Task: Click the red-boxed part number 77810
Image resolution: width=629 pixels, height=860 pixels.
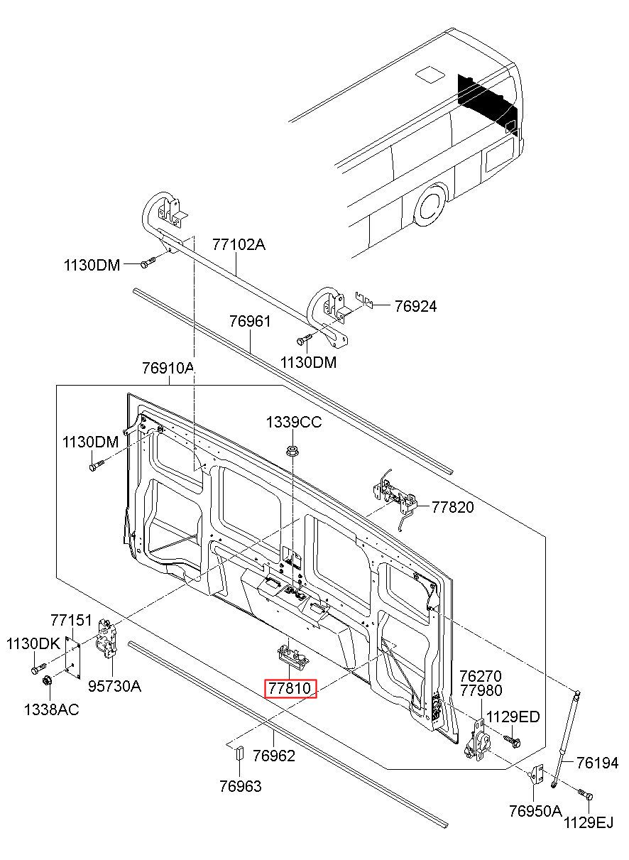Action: [290, 688]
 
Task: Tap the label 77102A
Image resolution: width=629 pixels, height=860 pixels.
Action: [238, 245]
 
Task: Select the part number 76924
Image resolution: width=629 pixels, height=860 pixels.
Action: [415, 306]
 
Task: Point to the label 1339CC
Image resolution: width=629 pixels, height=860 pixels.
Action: [294, 423]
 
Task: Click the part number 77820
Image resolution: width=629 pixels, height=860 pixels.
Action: [453, 507]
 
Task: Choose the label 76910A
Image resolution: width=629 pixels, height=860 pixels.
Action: [168, 368]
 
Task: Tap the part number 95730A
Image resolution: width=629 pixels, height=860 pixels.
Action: [114, 686]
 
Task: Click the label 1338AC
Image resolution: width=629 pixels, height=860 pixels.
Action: [51, 709]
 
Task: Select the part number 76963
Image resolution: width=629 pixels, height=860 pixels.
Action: [239, 786]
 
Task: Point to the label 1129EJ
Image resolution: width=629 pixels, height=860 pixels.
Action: [589, 823]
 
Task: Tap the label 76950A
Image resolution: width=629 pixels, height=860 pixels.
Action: [535, 811]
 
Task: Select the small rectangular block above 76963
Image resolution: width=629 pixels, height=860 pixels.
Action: [239, 753]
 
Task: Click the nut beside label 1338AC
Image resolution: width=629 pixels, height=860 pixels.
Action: [48, 682]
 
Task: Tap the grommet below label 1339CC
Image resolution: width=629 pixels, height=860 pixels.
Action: [292, 450]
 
